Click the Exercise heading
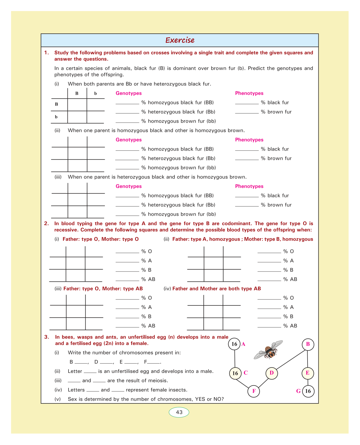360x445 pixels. point(180,40)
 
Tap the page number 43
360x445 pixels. point(179,412)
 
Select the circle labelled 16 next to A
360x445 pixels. point(234,344)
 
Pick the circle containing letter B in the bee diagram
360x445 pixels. point(308,344)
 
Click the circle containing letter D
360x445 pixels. point(272,373)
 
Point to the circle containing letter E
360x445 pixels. point(308,373)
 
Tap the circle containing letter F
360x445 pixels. point(254,391)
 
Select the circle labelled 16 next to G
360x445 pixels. point(308,391)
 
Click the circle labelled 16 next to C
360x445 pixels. point(235,373)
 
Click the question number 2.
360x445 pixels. point(46,224)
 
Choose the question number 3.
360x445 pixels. point(46,337)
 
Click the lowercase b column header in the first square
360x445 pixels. point(95,93)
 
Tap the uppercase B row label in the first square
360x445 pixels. point(56,104)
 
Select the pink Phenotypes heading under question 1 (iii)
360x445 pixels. point(249,186)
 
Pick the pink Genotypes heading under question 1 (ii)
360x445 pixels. point(129,140)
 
